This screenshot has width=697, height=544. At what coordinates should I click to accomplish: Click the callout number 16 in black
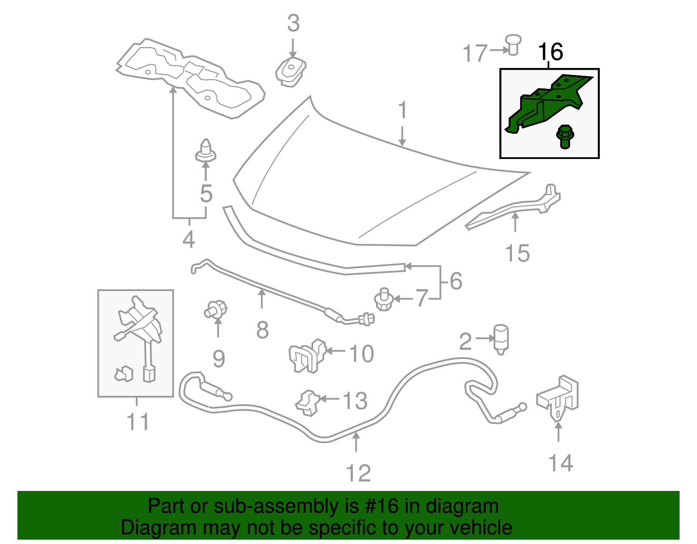click(x=551, y=52)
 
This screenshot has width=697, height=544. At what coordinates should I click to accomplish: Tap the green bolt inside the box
click(x=565, y=136)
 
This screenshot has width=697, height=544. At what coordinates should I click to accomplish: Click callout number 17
click(x=474, y=54)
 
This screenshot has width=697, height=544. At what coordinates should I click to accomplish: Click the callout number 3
click(x=293, y=24)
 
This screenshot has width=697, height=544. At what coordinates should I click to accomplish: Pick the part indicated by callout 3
click(x=291, y=72)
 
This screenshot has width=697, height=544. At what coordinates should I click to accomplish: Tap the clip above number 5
click(x=205, y=151)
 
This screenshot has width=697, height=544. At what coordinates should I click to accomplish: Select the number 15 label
click(x=517, y=253)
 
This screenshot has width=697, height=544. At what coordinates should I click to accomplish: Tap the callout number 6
click(x=456, y=281)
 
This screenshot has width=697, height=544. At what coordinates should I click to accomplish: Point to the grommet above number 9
click(x=217, y=310)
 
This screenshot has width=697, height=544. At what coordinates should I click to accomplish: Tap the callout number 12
click(x=358, y=473)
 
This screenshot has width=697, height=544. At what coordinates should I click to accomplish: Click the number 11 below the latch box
click(x=138, y=422)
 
